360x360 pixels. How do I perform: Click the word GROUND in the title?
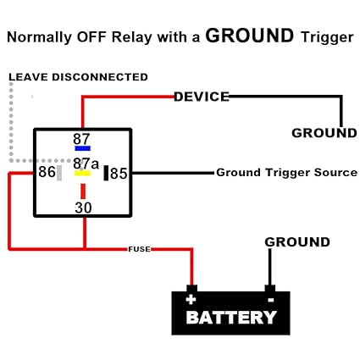[250, 36]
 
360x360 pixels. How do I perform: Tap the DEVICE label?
[202, 97]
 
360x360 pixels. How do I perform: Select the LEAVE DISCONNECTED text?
[78, 77]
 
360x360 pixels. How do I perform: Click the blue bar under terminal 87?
[82, 148]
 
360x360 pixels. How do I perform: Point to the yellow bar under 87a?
[82, 173]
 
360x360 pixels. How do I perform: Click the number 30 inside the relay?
[83, 208]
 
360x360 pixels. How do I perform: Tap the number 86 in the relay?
[47, 172]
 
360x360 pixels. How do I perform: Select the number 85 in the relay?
[119, 174]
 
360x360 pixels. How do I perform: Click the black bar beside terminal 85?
[106, 173]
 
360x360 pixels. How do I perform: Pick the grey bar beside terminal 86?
[59, 173]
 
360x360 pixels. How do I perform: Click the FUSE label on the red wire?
[140, 249]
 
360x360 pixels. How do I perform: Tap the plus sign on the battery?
[191, 300]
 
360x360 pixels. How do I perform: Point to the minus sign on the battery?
[270, 300]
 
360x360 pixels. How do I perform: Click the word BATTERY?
[231, 318]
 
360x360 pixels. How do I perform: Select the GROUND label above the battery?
[297, 242]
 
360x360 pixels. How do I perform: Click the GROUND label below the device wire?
[324, 133]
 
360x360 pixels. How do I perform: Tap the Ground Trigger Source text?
[287, 172]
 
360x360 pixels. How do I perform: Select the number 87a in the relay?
[86, 163]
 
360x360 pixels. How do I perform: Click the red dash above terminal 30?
[83, 191]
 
